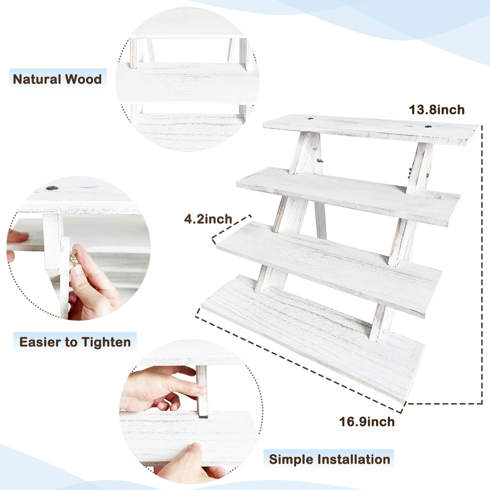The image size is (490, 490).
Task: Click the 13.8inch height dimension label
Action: pos(437,110)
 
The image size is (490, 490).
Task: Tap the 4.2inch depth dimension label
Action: pos(208,219)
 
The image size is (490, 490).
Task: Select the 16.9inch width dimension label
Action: pos(367,422)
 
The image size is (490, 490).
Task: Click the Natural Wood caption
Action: pos(57,79)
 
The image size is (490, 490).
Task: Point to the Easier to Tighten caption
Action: pos(75,342)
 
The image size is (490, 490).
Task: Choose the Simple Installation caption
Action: pos(330,459)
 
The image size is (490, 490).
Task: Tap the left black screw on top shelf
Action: pos(311,118)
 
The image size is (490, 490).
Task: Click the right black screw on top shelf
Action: pos(428,126)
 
